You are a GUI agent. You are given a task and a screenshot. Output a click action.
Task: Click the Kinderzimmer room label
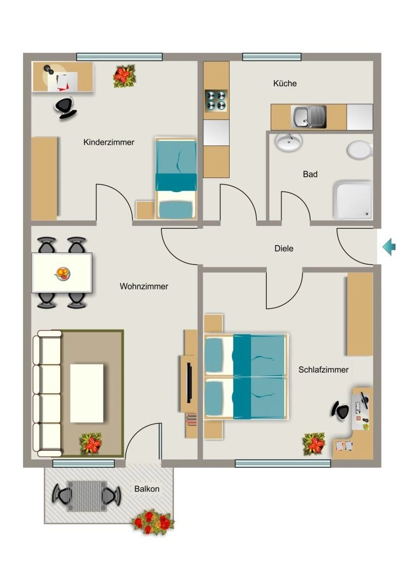click(109, 143)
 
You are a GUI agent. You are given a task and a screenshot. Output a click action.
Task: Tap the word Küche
click(285, 83)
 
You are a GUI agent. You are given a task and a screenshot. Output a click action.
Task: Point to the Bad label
click(310, 174)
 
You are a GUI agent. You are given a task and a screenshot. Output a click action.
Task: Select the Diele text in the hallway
click(284, 248)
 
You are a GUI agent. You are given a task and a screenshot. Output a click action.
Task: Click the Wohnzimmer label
click(144, 286)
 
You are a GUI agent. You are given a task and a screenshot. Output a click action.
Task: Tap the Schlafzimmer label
click(324, 370)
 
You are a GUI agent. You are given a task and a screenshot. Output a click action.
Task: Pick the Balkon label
click(147, 489)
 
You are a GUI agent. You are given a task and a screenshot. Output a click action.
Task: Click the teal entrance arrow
click(389, 247)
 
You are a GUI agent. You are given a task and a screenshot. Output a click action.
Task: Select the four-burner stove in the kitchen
click(216, 100)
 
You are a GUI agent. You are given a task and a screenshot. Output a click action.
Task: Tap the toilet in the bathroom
click(360, 150)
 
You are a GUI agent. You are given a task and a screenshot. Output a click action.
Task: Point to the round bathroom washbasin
click(289, 143)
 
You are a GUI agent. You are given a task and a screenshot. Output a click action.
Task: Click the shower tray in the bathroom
click(352, 200)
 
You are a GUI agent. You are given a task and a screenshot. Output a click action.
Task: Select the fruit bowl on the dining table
click(62, 273)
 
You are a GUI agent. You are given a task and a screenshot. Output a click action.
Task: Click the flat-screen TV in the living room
click(189, 383)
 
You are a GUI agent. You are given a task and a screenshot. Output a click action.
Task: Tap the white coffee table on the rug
click(87, 393)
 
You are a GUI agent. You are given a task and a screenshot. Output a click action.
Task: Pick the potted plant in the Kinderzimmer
click(124, 76)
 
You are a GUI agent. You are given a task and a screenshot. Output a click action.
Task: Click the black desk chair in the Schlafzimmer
click(339, 410)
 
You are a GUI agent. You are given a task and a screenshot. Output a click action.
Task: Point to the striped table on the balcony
click(87, 496)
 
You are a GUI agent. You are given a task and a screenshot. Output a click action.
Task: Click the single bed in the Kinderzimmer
click(176, 179)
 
